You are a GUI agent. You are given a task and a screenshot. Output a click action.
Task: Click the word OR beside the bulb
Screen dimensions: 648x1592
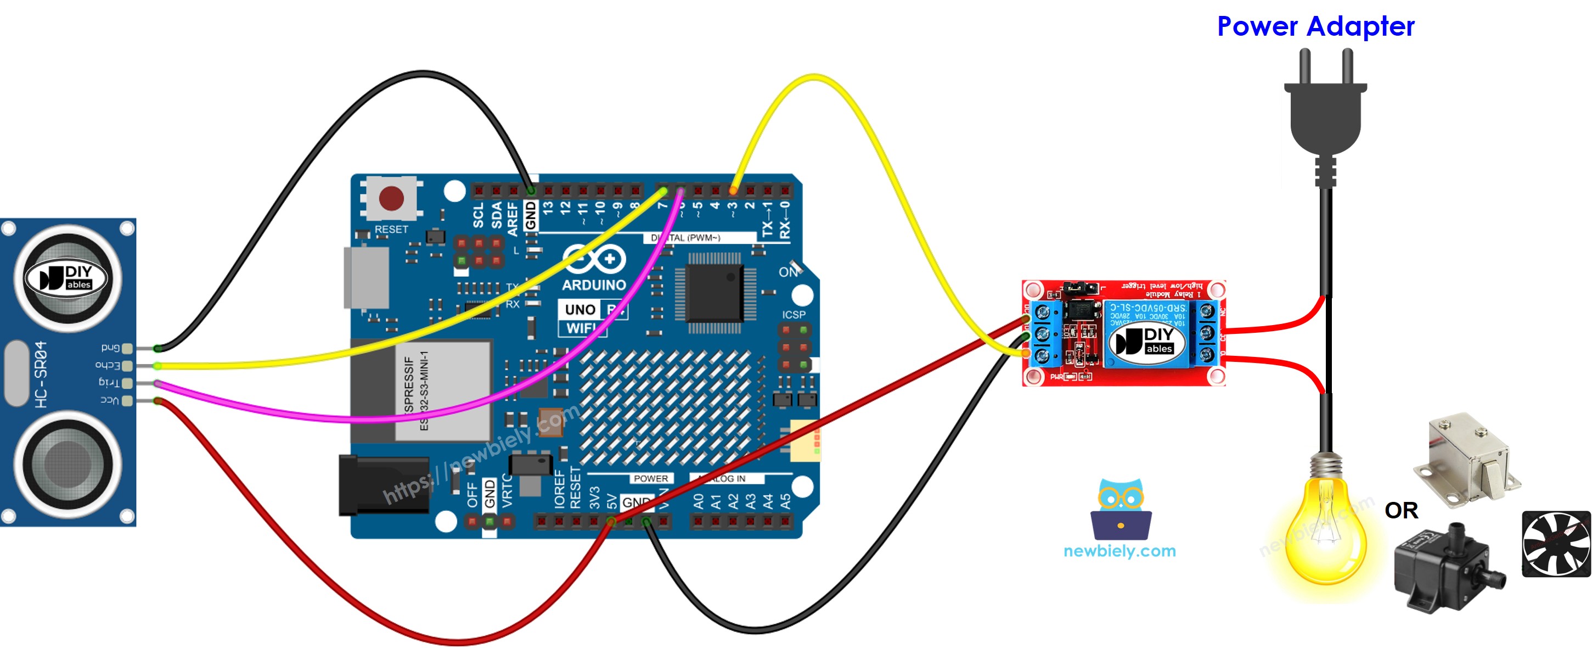tap(1401, 511)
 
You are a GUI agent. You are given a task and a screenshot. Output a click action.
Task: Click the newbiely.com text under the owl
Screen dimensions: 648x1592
tap(1119, 551)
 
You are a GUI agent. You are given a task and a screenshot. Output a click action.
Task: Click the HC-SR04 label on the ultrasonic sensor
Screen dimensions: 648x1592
tap(41, 374)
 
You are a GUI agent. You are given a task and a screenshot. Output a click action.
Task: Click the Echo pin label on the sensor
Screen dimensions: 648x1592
tap(108, 365)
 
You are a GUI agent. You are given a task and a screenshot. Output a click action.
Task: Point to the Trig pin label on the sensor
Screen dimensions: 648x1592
tap(109, 383)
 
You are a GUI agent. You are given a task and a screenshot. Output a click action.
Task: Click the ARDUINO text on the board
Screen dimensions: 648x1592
tap(593, 285)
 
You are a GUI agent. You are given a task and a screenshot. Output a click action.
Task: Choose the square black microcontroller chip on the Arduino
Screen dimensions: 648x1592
tap(715, 293)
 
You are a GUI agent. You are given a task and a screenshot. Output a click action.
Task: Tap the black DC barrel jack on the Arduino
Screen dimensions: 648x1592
tap(383, 485)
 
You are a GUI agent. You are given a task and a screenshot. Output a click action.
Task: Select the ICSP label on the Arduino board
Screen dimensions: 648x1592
tap(794, 315)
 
